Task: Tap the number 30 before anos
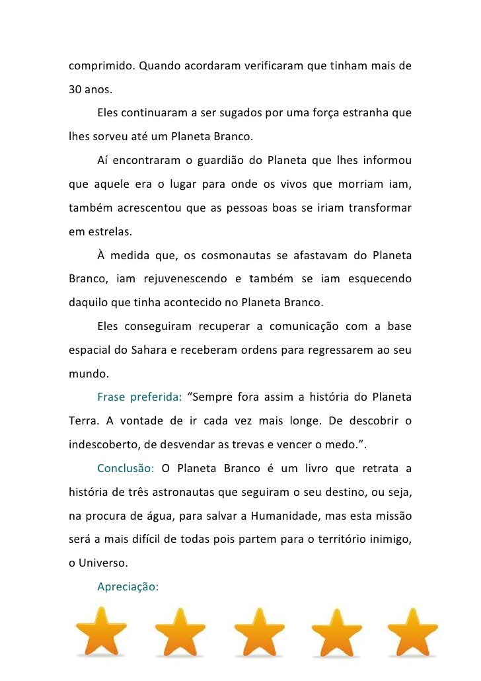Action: (x=75, y=90)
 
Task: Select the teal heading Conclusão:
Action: (x=126, y=469)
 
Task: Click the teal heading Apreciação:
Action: (x=128, y=586)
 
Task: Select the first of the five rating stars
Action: (x=100, y=631)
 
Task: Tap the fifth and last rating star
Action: (x=413, y=631)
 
